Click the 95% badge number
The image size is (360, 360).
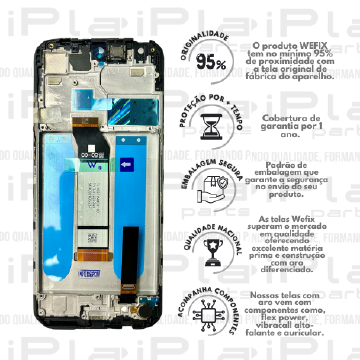coord(211,62)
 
